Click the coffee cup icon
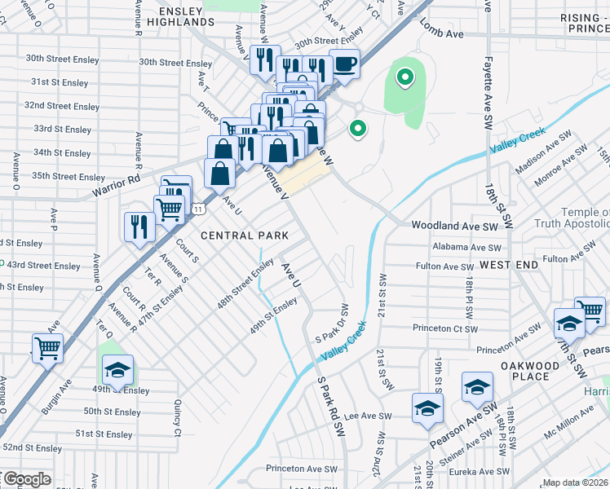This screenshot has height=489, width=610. coord(344,64)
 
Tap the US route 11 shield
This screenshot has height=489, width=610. coord(198,209)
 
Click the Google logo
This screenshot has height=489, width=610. coord(26,479)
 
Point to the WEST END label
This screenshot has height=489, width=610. coord(509,266)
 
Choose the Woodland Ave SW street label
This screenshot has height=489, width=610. coord(454,225)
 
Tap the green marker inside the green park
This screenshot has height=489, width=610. coord(404,79)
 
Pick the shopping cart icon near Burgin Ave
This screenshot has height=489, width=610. coord(48,347)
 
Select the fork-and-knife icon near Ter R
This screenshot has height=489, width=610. coord(138,226)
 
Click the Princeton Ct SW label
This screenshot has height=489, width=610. coord(444,328)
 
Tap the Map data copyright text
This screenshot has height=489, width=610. coord(575,482)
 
